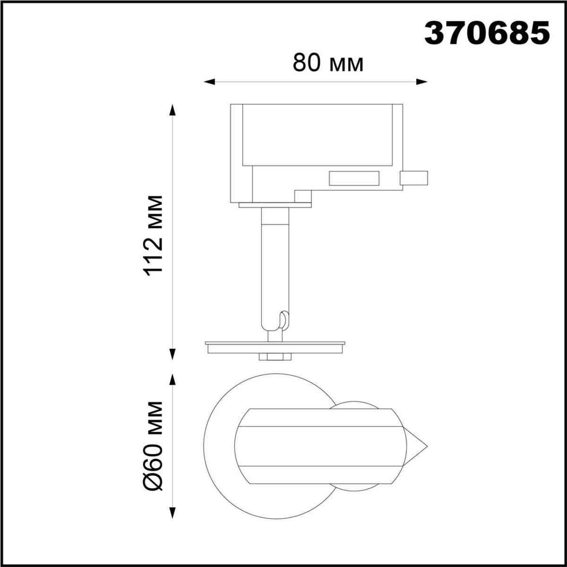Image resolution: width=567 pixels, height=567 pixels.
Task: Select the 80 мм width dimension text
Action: [x=328, y=62]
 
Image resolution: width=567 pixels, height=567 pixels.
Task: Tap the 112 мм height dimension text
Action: [x=155, y=233]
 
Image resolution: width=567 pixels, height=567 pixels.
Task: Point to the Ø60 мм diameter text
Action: [x=155, y=446]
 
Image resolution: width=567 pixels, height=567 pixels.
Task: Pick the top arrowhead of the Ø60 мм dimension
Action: [x=173, y=381]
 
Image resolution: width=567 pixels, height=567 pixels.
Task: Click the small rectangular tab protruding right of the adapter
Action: [x=414, y=178]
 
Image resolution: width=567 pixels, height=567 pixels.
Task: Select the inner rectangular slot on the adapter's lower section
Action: [x=354, y=178]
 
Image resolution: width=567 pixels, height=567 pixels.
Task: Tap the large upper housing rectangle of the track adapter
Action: [x=317, y=135]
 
